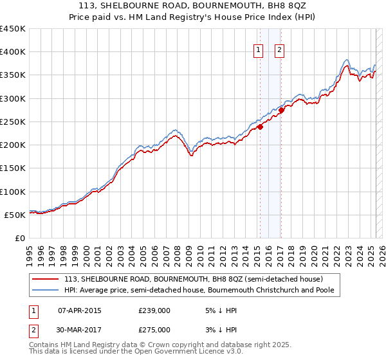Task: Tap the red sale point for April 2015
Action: [x=261, y=127]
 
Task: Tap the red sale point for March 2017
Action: [x=281, y=111]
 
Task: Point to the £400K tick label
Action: [x=13, y=52]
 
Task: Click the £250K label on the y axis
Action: [x=13, y=122]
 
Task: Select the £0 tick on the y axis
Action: [x=19, y=238]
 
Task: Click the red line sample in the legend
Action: [x=46, y=279]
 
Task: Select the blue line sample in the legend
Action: [x=46, y=291]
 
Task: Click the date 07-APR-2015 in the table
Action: [x=80, y=310]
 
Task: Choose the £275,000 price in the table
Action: [x=154, y=329]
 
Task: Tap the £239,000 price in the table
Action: [x=154, y=310]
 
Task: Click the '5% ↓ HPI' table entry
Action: [x=220, y=310]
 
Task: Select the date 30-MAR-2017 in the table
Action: [x=80, y=329]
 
